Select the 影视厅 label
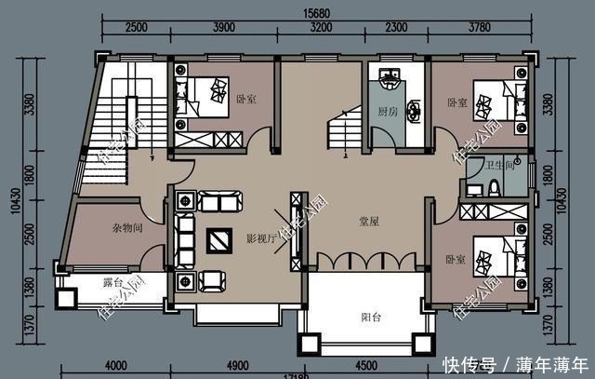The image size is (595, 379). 259,239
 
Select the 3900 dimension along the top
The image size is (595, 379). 224,28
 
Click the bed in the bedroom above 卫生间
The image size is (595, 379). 491,98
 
